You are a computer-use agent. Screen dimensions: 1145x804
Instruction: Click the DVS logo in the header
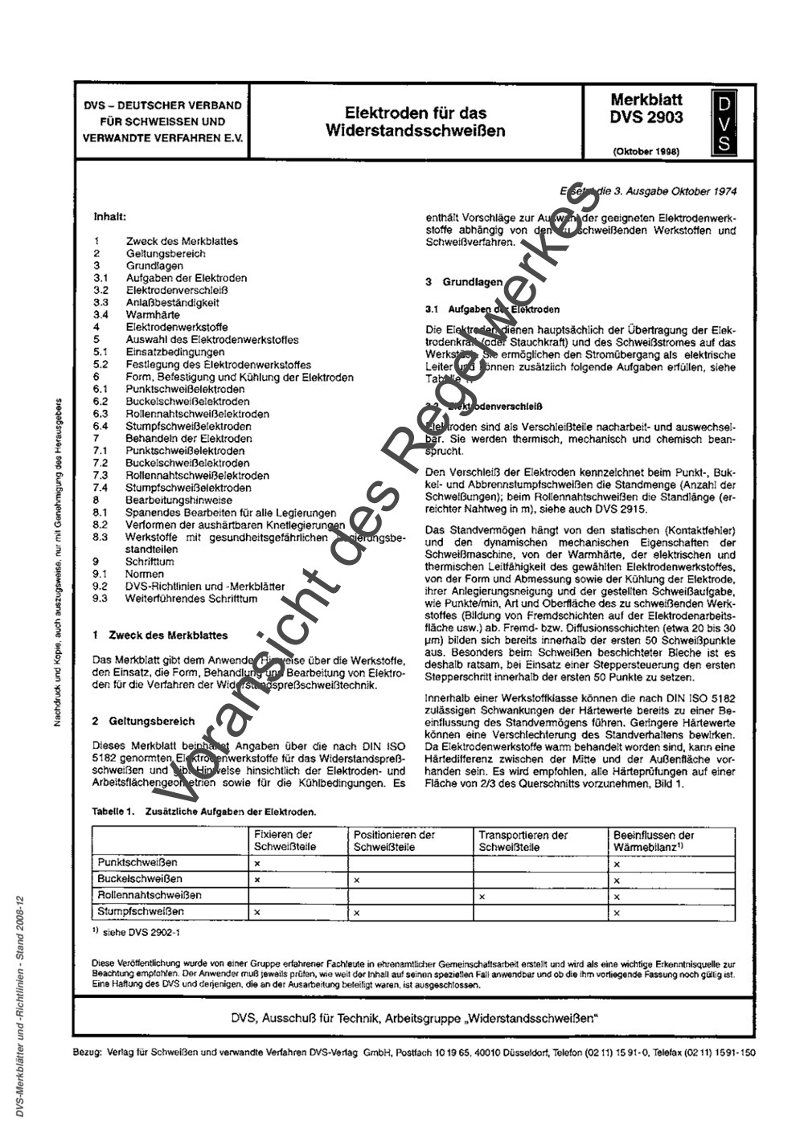[724, 123]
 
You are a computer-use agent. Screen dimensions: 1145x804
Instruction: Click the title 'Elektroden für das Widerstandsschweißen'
[416, 121]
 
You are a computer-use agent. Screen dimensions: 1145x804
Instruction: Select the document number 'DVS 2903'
[646, 117]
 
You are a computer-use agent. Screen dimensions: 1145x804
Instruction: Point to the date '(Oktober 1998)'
[646, 150]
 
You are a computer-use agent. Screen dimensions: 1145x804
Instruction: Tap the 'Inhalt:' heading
[111, 216]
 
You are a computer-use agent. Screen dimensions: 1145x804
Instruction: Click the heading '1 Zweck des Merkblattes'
[161, 635]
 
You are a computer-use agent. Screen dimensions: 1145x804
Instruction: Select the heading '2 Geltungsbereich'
[144, 722]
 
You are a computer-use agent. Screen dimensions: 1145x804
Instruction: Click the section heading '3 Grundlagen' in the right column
[464, 282]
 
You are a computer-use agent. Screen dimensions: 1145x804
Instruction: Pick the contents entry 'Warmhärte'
[153, 315]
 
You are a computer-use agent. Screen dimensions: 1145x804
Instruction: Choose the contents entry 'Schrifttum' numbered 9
[150, 562]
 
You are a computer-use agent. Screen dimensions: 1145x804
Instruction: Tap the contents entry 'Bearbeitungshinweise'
[178, 500]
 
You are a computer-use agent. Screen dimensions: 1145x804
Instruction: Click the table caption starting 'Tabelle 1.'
[204, 812]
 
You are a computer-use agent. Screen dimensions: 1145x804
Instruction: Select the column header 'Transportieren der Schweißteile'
[523, 840]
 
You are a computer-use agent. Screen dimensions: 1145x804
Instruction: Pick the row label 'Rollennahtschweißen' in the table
[150, 895]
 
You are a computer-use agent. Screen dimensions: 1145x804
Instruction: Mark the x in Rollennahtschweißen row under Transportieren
[482, 896]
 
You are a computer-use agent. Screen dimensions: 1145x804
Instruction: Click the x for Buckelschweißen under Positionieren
[356, 880]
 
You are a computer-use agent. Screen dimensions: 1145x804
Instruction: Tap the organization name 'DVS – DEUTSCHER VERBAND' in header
[162, 106]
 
